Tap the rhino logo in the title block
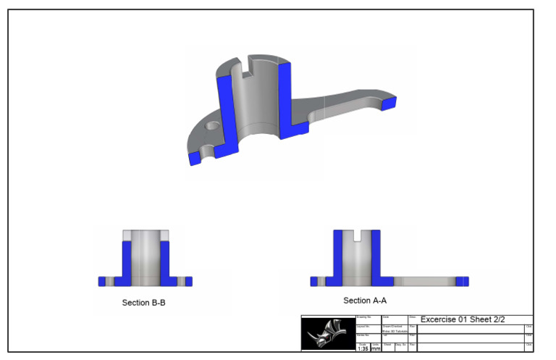(327, 334)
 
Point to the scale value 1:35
(363, 348)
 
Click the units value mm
(376, 348)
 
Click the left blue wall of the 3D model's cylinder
(226, 109)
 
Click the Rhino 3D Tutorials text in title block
(395, 331)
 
